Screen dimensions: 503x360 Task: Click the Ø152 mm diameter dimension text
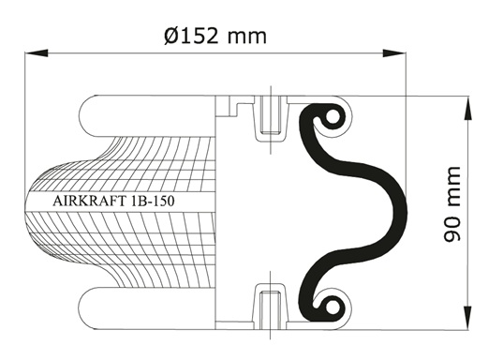click(x=215, y=36)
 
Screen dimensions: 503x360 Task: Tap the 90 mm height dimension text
click(x=452, y=204)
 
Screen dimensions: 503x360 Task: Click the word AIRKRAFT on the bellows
click(x=90, y=202)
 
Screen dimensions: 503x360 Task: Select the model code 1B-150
click(x=153, y=202)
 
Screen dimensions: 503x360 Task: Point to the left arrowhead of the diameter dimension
click(x=37, y=53)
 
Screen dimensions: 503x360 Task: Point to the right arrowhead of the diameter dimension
click(x=394, y=53)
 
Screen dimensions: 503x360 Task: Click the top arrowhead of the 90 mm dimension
click(x=468, y=108)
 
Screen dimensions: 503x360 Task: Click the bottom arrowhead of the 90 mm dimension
click(x=468, y=318)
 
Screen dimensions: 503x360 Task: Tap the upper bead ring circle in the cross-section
click(x=332, y=118)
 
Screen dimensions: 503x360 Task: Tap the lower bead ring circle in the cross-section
click(x=332, y=307)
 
